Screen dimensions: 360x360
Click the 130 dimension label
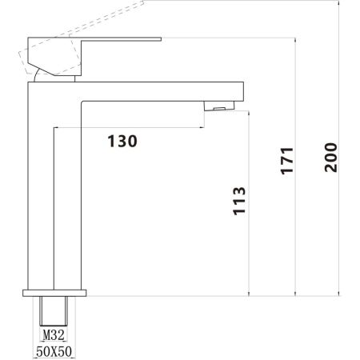[122, 142]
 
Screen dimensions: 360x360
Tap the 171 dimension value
[287, 161]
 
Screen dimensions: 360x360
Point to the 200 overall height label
[331, 158]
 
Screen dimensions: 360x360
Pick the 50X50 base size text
[54, 350]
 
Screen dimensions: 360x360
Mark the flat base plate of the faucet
[54, 293]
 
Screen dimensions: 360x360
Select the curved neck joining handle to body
[38, 74]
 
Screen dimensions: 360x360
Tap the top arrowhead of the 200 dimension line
[340, 4]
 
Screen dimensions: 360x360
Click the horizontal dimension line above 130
[128, 127]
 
